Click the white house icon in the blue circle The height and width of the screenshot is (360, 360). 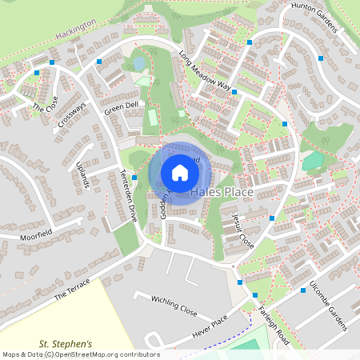[179, 172]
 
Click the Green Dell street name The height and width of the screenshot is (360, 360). [121, 106]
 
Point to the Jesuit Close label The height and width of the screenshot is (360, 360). [238, 230]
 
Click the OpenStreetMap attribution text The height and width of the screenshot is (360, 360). [81, 354]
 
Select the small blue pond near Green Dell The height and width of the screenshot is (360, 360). [138, 62]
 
